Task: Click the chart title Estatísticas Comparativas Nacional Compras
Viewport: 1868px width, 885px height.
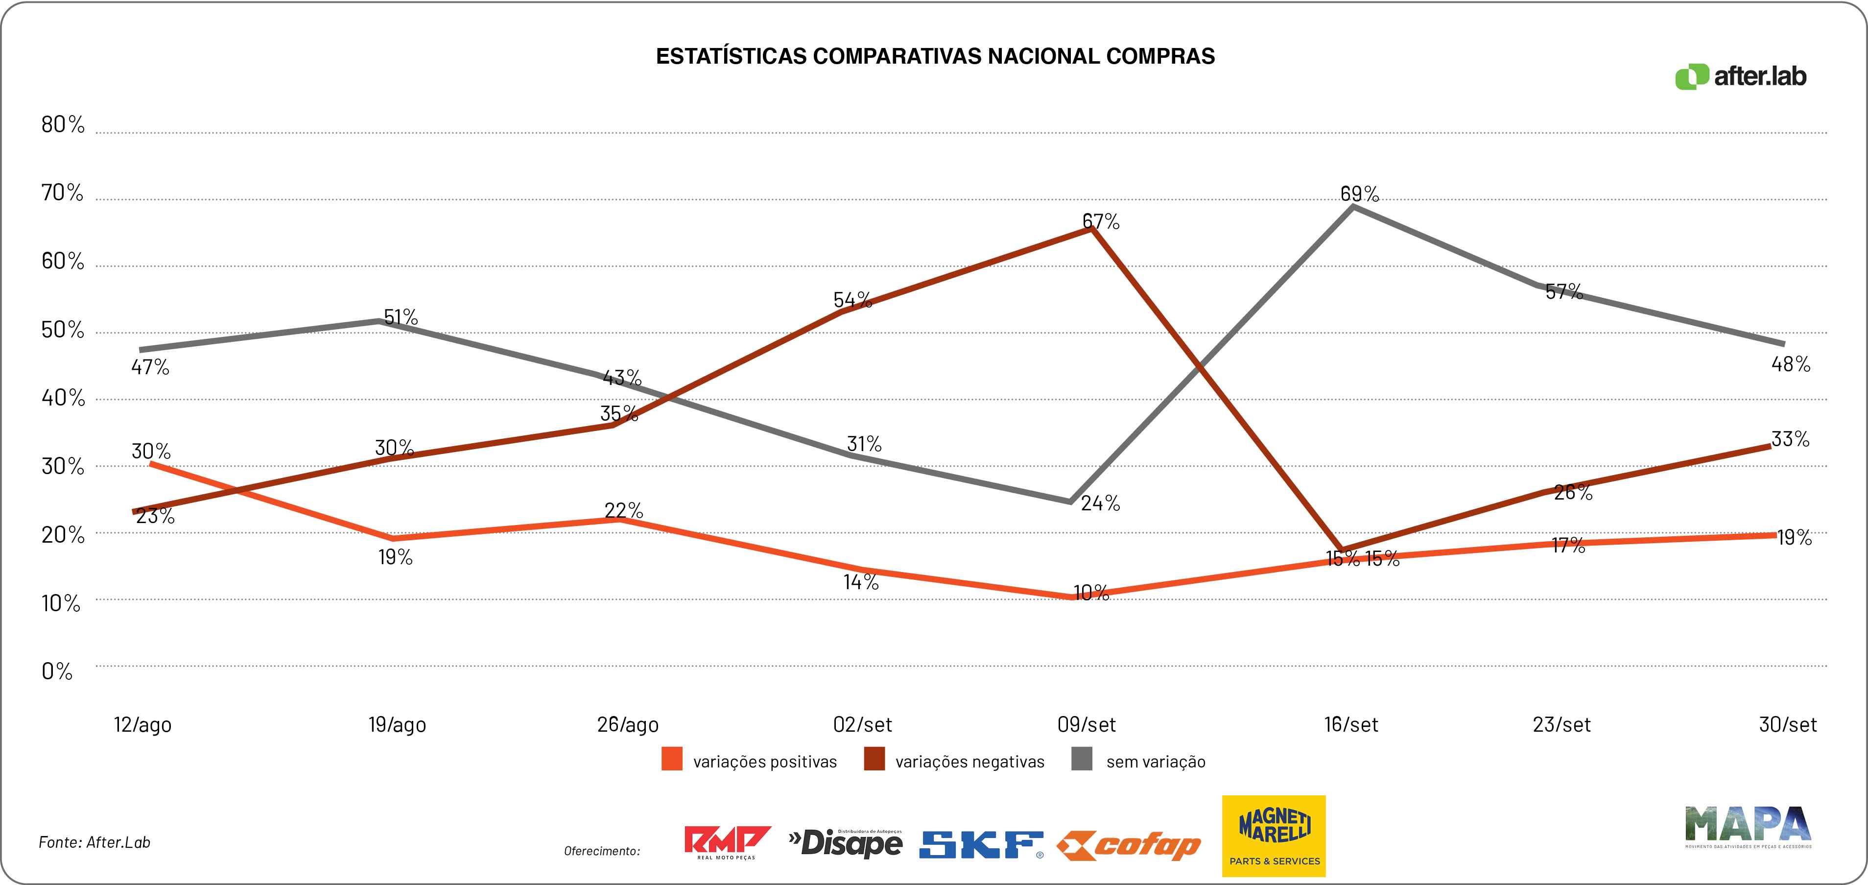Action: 935,57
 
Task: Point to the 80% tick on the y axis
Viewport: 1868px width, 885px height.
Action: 62,125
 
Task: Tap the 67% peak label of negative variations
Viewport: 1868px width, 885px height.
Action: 1100,221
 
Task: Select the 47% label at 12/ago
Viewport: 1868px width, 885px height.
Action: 150,367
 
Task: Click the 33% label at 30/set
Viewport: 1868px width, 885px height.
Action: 1790,439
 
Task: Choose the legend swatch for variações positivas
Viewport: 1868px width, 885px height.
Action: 671,760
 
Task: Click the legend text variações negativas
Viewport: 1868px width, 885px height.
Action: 969,762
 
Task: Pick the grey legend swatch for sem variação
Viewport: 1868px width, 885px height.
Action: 1081,760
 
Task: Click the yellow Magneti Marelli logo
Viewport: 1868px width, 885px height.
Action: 1274,836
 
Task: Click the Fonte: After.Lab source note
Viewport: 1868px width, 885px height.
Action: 95,842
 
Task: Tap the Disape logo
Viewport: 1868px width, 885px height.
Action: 846,843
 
